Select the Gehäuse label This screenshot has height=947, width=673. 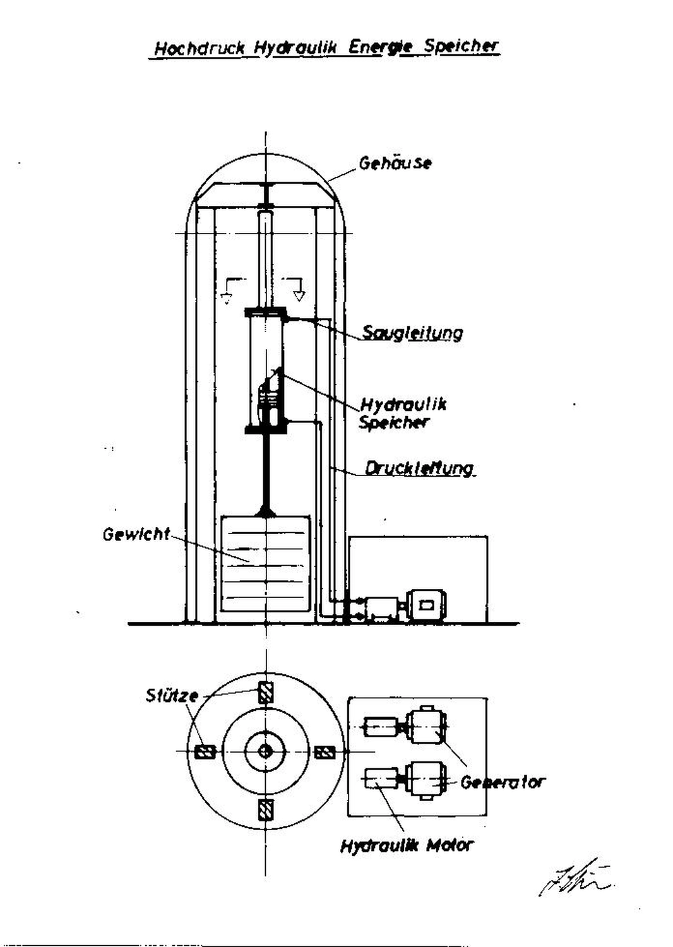(395, 163)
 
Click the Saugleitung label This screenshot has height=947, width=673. (412, 333)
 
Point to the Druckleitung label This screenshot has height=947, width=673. (419, 468)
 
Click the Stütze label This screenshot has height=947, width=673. (172, 696)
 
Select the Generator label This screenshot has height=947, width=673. (502, 782)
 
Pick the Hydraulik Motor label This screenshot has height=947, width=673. (407, 845)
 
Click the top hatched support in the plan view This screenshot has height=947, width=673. (266, 694)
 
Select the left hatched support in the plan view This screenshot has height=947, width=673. (205, 752)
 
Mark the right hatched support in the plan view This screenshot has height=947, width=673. (325, 752)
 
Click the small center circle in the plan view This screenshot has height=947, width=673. (266, 751)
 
